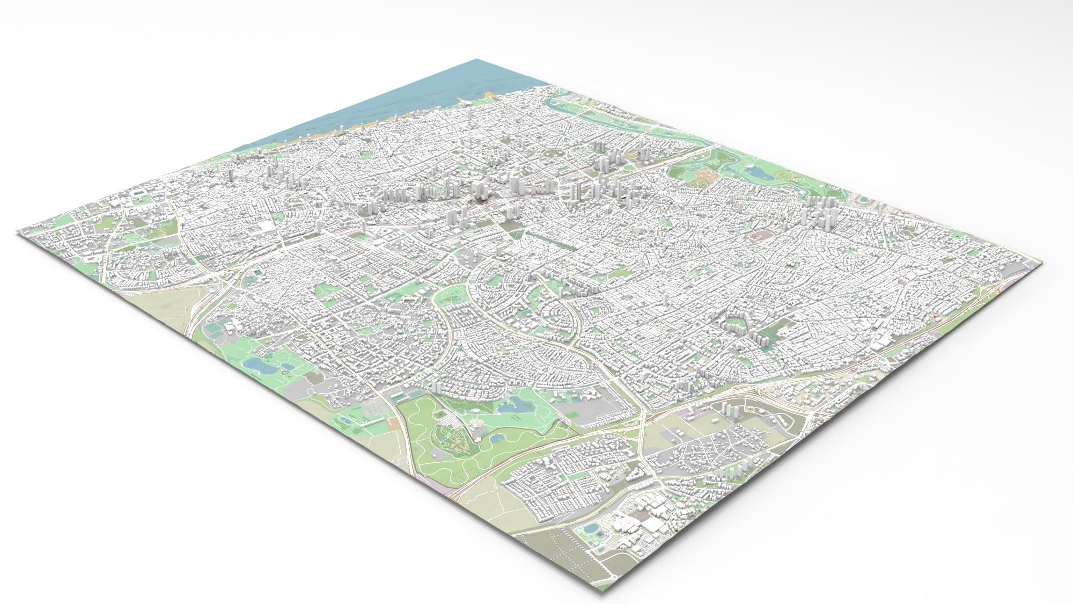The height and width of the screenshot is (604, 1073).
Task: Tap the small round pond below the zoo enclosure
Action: (496, 438)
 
